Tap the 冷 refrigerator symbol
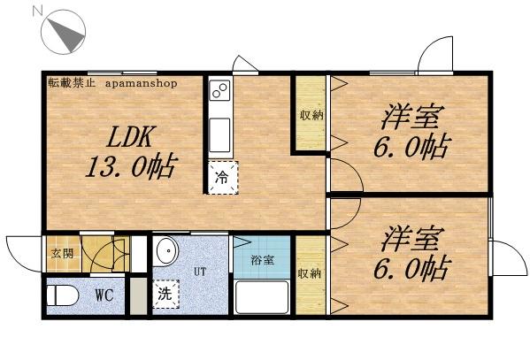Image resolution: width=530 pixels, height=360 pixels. tap(222, 176)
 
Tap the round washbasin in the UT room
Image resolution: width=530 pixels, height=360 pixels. tap(165, 254)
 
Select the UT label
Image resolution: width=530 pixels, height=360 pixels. tap(201, 272)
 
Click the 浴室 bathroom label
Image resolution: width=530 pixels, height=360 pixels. tap(261, 261)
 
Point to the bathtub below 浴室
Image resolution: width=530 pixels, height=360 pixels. tap(262, 296)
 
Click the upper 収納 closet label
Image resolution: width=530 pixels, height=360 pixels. tap(310, 115)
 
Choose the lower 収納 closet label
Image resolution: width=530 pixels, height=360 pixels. tap(309, 273)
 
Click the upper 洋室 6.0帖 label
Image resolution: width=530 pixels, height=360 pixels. tap(411, 130)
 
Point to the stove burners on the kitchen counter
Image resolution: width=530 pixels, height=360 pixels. tap(219, 90)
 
